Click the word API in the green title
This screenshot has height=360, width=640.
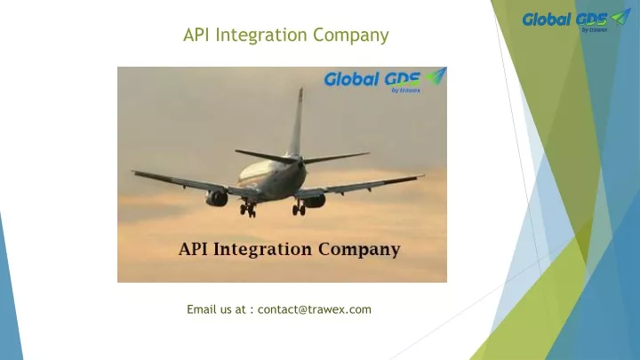point(197,35)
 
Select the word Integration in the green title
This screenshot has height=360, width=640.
point(261,36)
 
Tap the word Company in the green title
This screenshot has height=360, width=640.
point(351,36)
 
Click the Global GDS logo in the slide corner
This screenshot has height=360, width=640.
point(576,20)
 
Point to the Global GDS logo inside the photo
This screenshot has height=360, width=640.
point(385,80)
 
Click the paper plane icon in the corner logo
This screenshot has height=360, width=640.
point(620,17)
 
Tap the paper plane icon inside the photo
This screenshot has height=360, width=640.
point(436,76)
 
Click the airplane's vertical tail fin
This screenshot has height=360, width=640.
point(297,122)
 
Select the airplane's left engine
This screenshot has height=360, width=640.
point(217,198)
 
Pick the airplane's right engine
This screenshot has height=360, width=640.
point(315,200)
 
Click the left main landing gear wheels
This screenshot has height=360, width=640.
point(248,210)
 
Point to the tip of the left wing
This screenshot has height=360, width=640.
point(133,172)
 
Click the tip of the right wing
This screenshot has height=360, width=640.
point(423,176)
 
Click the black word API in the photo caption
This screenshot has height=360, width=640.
point(194,249)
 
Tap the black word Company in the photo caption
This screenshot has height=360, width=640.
point(359,250)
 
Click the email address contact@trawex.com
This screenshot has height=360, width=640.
point(315,309)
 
